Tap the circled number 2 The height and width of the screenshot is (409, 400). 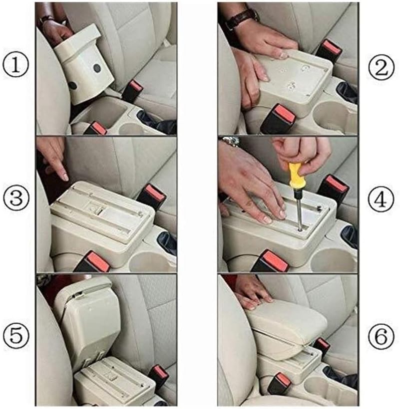[381, 68]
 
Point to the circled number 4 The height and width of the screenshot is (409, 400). [381, 200]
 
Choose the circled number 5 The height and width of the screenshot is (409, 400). [16, 336]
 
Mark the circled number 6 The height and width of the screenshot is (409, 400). [381, 336]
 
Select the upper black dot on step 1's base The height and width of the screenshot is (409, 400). [97, 68]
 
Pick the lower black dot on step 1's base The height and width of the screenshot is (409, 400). [72, 86]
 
